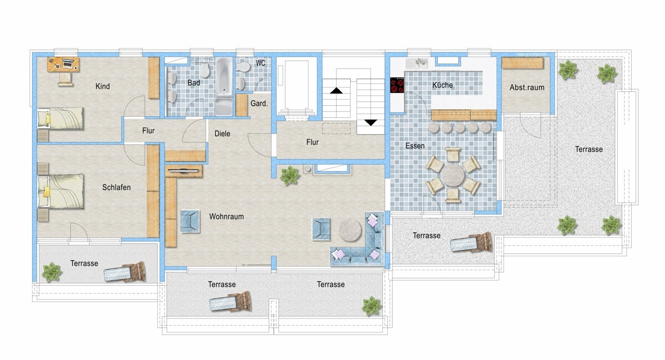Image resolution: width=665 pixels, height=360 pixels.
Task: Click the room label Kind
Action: click(103, 86)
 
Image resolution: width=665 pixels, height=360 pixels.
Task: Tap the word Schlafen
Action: click(116, 187)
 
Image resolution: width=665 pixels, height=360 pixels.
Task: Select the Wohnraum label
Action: click(227, 217)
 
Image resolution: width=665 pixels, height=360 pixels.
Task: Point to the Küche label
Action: click(442, 85)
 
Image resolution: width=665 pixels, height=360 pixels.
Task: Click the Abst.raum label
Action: click(527, 88)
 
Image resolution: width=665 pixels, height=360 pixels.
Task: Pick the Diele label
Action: click(222, 133)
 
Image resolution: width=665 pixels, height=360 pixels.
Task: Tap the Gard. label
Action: click(259, 104)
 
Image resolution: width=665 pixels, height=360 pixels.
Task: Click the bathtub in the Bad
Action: click(224, 76)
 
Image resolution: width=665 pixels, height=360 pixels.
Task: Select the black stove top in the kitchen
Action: click(397, 85)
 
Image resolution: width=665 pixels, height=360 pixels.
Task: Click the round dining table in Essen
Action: click(453, 176)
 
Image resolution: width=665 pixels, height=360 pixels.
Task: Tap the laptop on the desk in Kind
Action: click(68, 64)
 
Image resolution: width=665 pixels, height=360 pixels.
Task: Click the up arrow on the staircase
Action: click(336, 90)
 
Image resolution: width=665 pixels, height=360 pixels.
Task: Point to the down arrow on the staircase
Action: click(371, 122)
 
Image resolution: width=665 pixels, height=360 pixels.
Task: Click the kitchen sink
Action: click(417, 63)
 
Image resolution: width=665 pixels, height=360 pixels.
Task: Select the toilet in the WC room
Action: click(243, 67)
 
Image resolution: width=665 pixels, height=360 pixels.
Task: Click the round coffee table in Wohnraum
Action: click(350, 230)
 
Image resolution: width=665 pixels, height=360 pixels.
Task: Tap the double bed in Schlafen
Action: click(61, 192)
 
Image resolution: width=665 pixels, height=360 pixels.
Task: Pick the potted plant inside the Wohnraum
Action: click(290, 176)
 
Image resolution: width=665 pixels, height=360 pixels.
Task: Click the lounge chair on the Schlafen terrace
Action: click(125, 271)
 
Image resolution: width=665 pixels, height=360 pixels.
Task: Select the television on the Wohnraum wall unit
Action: click(183, 171)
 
